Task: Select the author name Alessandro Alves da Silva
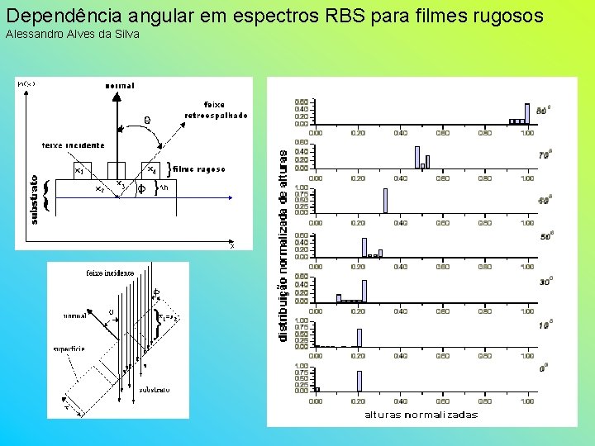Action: (72, 34)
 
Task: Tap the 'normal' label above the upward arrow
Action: (120, 85)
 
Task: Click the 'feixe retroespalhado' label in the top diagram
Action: (216, 111)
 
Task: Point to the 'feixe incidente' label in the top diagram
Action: (74, 145)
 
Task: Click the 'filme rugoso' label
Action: (198, 169)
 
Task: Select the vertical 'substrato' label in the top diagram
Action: (35, 198)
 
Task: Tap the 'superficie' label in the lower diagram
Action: (70, 349)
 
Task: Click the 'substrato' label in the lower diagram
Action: (155, 388)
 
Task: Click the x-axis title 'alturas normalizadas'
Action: (421, 415)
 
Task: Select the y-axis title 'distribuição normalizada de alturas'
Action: (283, 245)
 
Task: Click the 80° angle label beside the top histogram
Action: (543, 110)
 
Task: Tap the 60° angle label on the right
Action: (544, 200)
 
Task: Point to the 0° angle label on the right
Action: (543, 368)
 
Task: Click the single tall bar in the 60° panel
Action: (385, 202)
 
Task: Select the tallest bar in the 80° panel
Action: (527, 114)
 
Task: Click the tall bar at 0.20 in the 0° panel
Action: (359, 381)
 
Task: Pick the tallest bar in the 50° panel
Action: (364, 248)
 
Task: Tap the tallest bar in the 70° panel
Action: (417, 158)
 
